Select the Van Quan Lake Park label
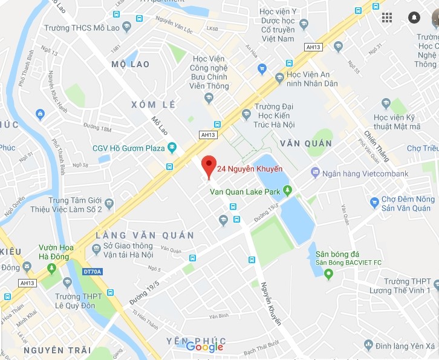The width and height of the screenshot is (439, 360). [244, 192]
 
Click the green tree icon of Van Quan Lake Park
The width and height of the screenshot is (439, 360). [288, 191]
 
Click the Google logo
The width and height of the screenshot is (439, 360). [204, 347]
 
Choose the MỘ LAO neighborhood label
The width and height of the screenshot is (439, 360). [131, 64]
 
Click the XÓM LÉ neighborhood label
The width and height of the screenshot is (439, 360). [154, 105]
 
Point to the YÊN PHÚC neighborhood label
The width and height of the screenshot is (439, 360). [196, 341]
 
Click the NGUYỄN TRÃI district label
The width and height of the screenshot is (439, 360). [57, 350]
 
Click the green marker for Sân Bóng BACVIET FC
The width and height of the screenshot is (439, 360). [329, 275]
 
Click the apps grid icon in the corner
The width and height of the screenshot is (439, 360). [387, 18]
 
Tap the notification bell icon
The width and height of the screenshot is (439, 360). [414, 18]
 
